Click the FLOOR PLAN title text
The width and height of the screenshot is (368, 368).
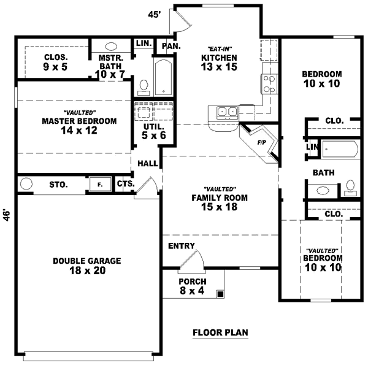220,334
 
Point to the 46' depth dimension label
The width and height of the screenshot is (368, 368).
7,215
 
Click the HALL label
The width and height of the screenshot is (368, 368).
147,164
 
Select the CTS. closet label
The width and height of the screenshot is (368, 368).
125,183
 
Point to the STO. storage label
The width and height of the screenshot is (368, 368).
58,184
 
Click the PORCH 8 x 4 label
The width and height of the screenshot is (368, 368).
187,286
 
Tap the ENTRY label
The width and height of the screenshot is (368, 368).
181,246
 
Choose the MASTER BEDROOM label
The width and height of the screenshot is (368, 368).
79,125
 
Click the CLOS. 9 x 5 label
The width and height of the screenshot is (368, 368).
55,61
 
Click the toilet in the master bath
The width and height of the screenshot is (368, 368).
144,86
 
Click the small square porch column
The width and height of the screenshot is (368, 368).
220,294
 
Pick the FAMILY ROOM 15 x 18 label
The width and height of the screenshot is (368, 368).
219,202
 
